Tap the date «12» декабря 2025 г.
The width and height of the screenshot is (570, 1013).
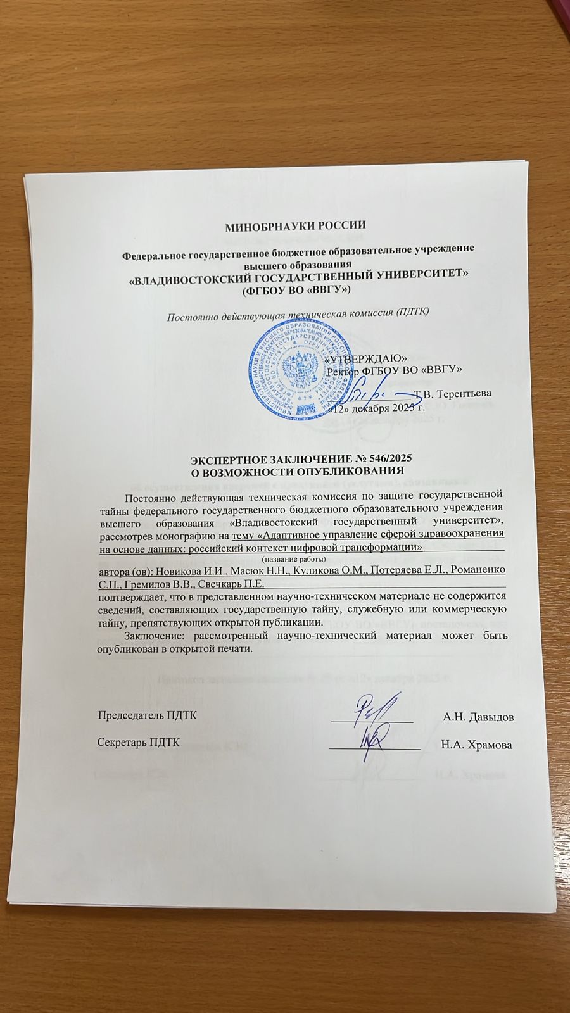click(383, 409)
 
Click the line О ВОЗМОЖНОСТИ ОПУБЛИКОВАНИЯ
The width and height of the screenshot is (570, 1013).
click(298, 471)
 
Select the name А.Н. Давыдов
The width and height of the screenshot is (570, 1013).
click(478, 717)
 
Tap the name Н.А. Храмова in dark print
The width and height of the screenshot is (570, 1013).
click(477, 745)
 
